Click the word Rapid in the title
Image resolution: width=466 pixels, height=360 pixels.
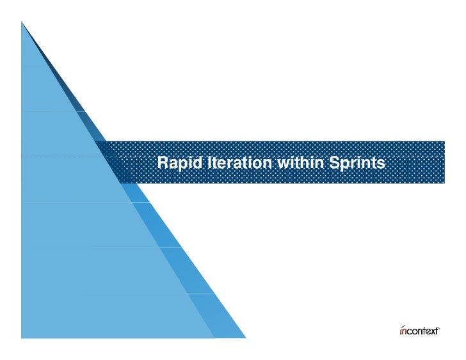click(176, 164)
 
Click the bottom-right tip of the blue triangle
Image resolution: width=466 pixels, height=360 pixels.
click(245, 336)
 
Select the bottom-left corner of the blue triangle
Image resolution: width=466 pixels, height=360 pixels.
click(22, 336)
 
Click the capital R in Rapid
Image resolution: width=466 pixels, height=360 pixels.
click(163, 164)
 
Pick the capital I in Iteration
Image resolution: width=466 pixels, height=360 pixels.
click(200, 164)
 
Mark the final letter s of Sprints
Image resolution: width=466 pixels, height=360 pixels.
click(382, 164)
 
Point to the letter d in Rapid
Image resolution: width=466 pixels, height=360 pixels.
click(190, 164)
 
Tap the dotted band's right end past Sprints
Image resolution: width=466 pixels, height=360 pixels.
click(435, 162)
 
